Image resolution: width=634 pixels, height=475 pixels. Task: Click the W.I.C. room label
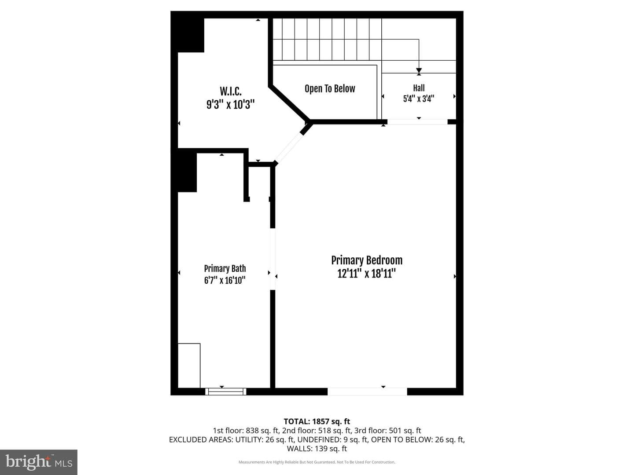(x=231, y=91)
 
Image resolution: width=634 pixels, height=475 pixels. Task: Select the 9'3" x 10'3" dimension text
(x=231, y=104)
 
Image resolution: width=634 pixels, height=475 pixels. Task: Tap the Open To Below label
(x=330, y=89)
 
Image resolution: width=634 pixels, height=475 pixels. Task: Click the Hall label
(x=419, y=88)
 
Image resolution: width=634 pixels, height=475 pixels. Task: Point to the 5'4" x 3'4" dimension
(x=419, y=99)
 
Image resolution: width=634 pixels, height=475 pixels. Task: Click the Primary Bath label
(x=225, y=268)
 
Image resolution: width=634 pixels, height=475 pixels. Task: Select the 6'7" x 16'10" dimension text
(x=225, y=280)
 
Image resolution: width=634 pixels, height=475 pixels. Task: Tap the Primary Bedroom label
(x=367, y=260)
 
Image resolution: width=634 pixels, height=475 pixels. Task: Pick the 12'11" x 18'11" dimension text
(x=367, y=274)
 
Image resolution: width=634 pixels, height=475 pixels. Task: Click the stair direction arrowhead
(x=419, y=71)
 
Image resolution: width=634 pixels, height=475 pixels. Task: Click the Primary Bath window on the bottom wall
(x=225, y=391)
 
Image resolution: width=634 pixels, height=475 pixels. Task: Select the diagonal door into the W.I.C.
(x=289, y=148)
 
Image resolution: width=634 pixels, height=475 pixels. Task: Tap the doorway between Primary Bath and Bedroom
(x=273, y=259)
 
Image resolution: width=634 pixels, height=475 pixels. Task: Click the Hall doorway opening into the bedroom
(x=417, y=122)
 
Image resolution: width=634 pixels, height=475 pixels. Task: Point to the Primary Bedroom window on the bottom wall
(x=367, y=391)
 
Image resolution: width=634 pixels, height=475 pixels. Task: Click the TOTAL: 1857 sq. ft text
(x=317, y=421)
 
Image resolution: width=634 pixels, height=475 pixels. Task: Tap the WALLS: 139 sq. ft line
(x=317, y=449)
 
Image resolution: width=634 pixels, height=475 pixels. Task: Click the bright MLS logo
(x=39, y=462)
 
